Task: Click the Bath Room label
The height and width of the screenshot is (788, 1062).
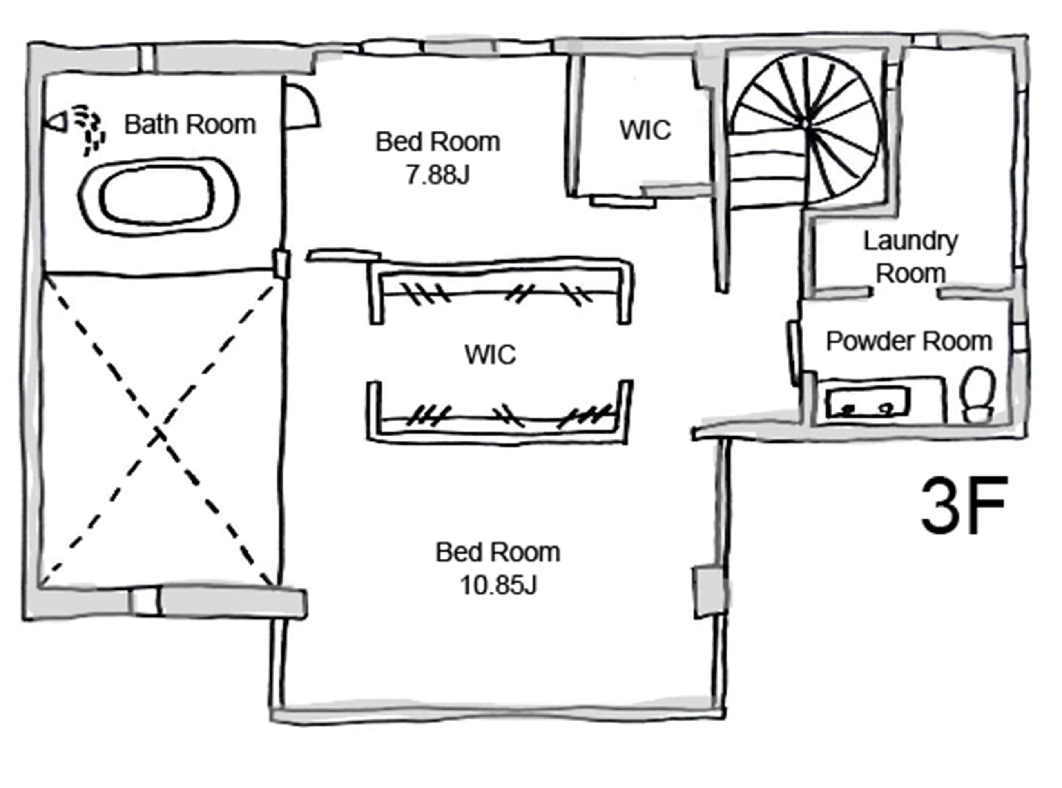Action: point(190,125)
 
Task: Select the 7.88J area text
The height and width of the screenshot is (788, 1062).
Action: point(437,175)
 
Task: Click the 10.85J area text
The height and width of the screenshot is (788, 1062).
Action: point(498,585)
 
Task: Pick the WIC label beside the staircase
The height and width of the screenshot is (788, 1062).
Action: point(645,130)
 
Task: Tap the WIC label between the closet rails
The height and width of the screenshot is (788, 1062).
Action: point(490,354)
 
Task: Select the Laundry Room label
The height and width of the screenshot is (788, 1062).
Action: point(910,257)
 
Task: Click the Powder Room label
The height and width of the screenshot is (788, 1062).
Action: point(909,341)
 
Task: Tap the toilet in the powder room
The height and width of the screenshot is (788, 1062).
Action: point(978,394)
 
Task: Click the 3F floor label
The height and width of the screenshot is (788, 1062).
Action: point(964,506)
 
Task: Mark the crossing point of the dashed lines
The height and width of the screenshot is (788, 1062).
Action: point(159,433)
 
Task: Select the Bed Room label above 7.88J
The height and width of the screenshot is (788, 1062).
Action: point(437,142)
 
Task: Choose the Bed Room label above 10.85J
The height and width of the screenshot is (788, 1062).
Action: point(498,552)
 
